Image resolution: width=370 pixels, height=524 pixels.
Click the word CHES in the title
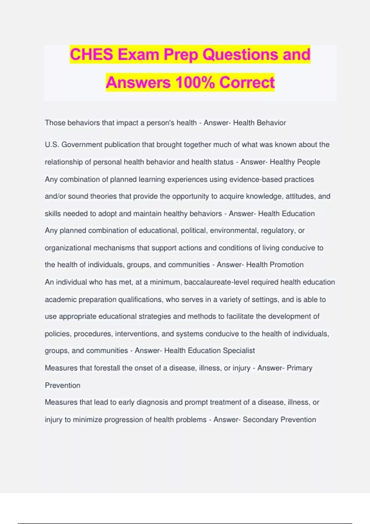(x=91, y=55)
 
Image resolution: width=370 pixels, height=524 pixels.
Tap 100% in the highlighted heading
(x=195, y=83)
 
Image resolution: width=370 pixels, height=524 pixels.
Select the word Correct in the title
(x=247, y=83)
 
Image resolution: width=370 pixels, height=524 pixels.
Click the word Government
(x=82, y=145)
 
